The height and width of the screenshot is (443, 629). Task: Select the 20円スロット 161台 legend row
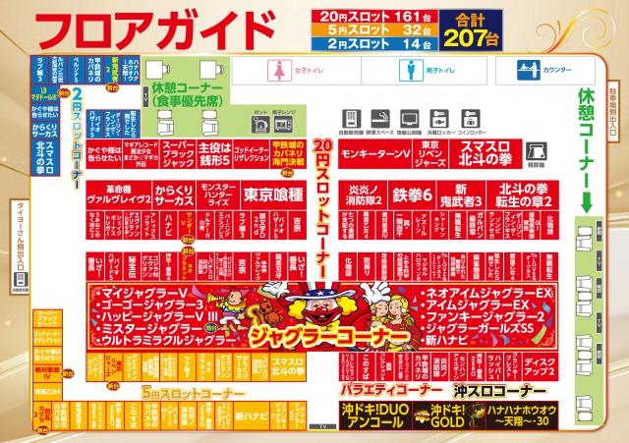(x=363, y=16)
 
